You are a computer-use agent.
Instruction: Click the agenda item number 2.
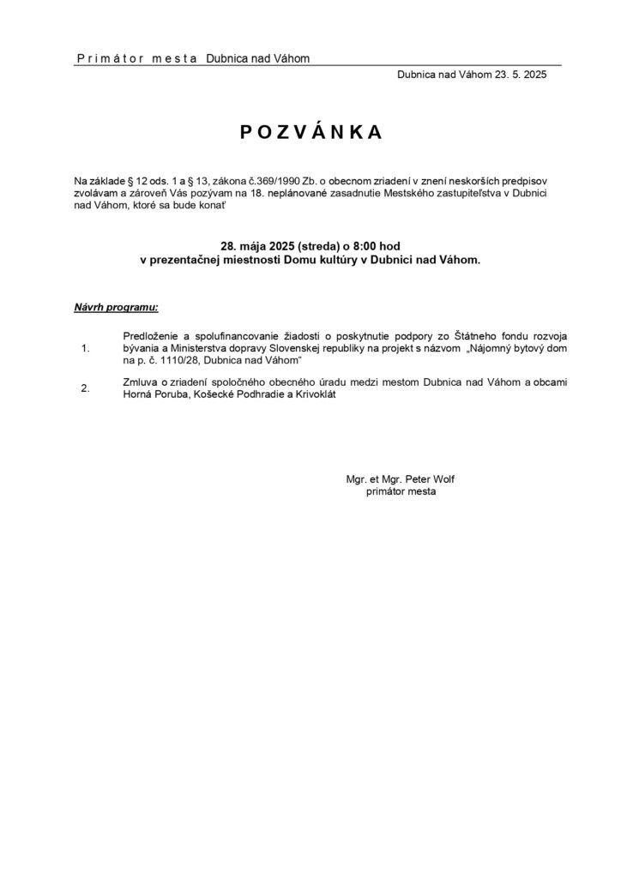pyautogui.click(x=84, y=388)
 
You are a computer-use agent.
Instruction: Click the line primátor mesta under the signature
pyautogui.click(x=401, y=492)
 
